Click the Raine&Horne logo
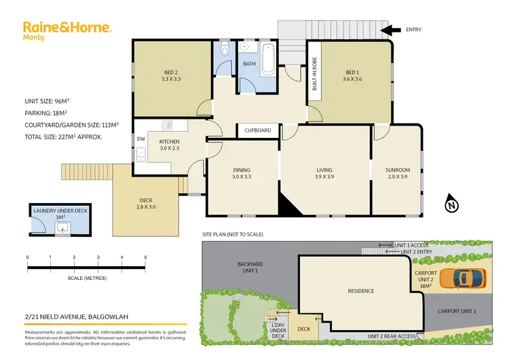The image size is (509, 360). click(67, 30)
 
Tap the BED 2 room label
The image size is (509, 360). click(170, 75)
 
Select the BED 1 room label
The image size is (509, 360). click(352, 75)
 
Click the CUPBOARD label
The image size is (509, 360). click(258, 130)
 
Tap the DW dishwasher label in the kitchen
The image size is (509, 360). click(140, 139)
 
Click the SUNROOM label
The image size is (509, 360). click(396, 170)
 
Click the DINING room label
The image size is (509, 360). click(242, 170)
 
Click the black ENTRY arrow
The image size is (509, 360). click(390, 30)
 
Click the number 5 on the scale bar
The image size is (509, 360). click(146, 257)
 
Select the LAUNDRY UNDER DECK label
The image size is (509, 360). click(61, 211)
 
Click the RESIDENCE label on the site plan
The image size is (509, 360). click(361, 291)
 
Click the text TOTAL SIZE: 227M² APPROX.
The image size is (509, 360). click(63, 137)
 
